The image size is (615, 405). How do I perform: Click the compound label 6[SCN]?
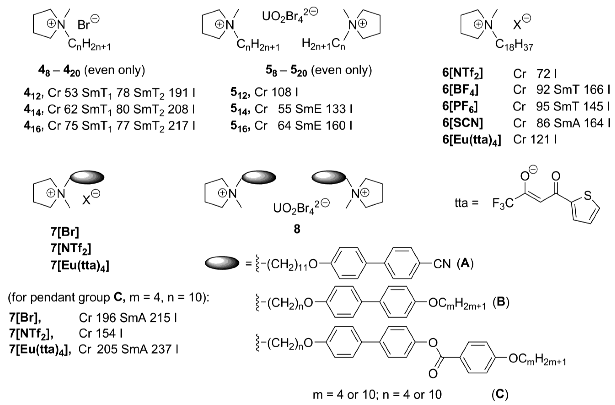pos(462,123)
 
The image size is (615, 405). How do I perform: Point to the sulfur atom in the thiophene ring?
pos(588,196)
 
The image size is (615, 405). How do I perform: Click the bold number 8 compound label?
pos(297,229)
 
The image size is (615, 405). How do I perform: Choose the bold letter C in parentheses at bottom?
pos(500,394)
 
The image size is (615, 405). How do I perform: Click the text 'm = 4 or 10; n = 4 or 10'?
pos(377,394)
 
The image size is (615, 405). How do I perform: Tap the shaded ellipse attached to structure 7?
pos(87,177)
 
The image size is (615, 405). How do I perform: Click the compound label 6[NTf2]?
pos(462,74)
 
